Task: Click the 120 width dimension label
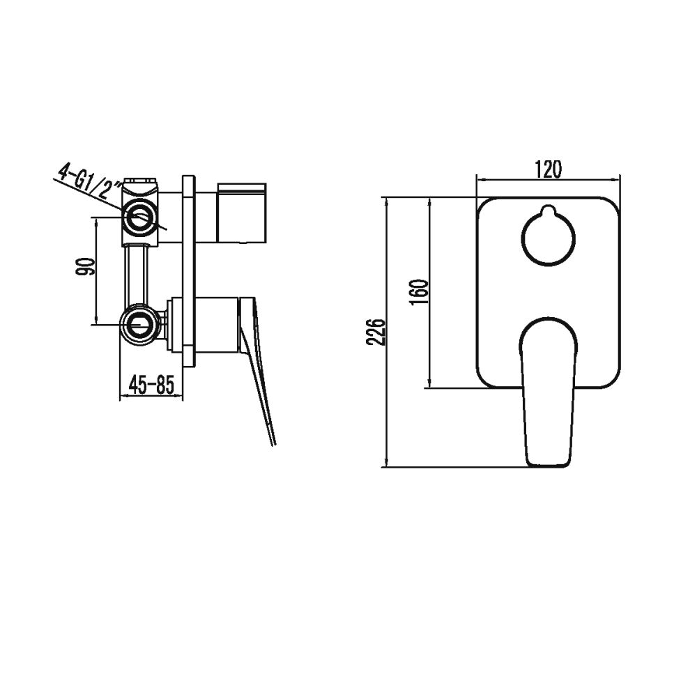point(548,169)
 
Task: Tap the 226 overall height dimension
point(377,332)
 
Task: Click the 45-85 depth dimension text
point(151,385)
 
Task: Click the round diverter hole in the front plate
point(549,238)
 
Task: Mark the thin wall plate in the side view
point(189,272)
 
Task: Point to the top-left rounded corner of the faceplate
point(485,206)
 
